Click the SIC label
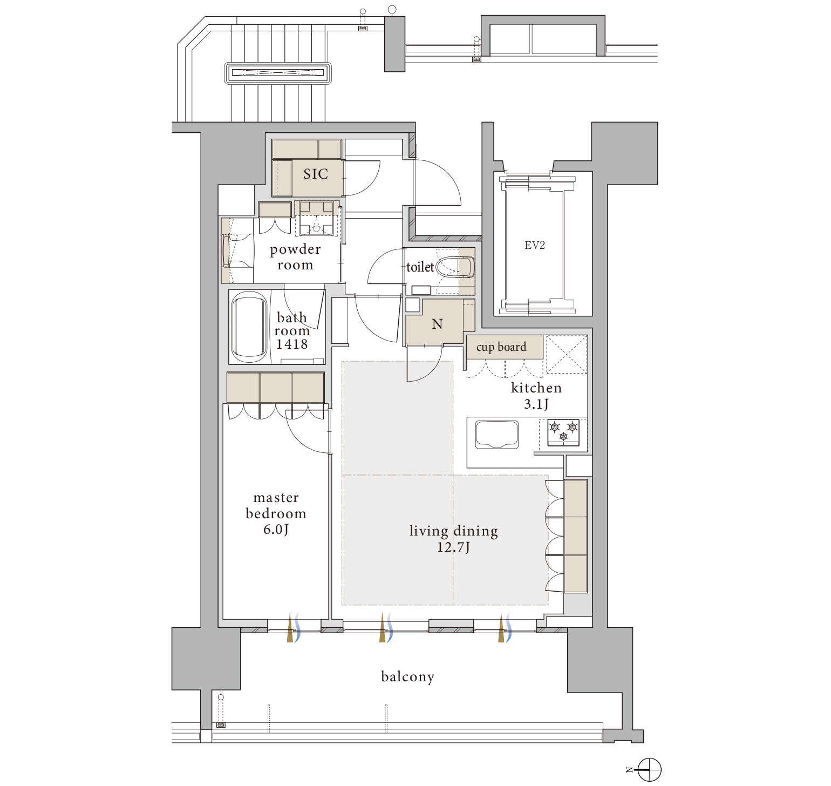point(316,174)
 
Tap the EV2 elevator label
point(535,246)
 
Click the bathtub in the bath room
point(249,327)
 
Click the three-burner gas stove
point(563,432)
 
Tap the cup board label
point(501,347)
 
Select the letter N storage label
point(438,324)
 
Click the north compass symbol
point(649,769)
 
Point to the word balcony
point(408,677)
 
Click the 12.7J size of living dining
point(453,547)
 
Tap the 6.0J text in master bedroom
point(276,530)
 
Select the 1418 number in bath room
point(292,344)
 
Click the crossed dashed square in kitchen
point(567,355)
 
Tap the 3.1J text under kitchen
point(536,404)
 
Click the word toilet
point(420,267)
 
